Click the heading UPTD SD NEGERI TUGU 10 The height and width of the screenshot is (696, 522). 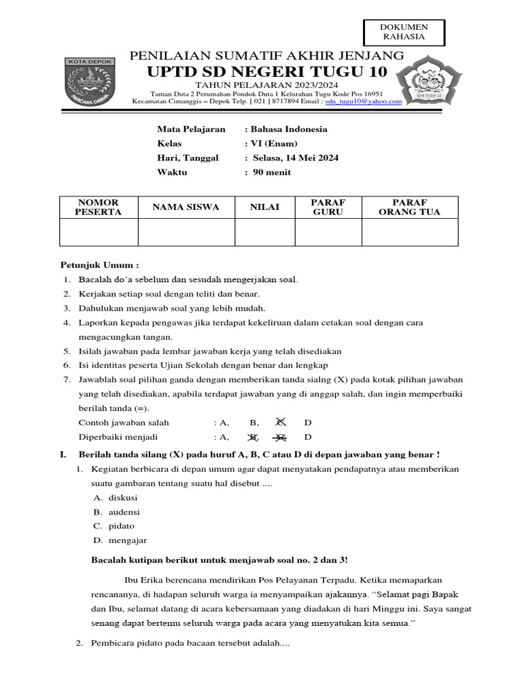[267, 72]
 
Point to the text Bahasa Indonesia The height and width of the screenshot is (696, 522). [288, 129]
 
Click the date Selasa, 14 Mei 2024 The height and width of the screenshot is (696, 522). [296, 158]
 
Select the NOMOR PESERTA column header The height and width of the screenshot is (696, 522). [99, 207]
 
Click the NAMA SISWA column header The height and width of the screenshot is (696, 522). [186, 207]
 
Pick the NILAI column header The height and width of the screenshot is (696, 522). [264, 207]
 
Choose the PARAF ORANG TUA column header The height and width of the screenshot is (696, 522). [409, 207]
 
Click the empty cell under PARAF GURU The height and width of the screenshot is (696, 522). [328, 232]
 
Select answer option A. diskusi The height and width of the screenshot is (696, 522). [115, 498]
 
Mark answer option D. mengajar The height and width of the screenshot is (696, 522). [120, 540]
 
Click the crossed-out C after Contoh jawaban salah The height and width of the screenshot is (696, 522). [280, 422]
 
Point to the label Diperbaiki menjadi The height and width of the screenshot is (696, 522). [123, 437]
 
